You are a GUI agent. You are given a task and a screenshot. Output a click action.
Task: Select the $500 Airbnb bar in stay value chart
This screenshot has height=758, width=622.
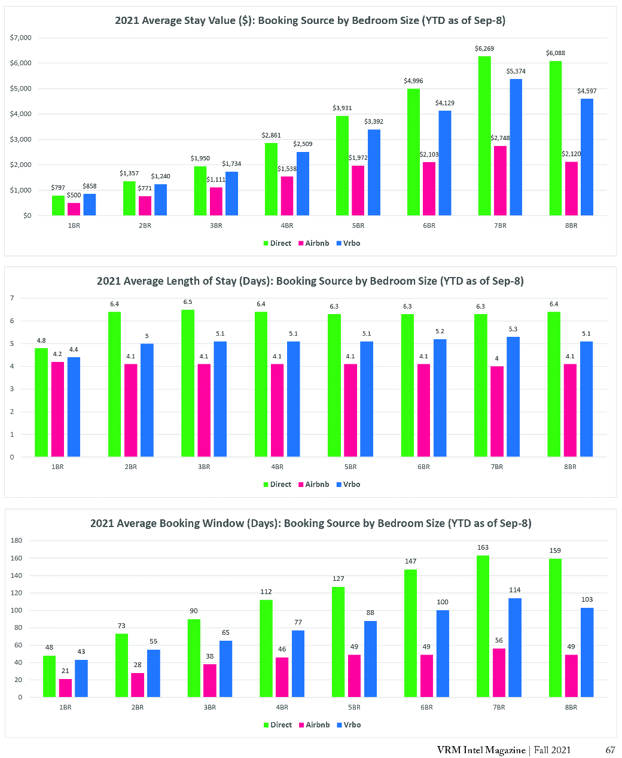pos(74,209)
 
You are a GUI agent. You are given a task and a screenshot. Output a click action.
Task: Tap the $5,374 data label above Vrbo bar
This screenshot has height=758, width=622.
pos(516,71)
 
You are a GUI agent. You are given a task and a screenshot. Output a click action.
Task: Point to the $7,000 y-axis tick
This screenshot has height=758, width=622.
pos(21,38)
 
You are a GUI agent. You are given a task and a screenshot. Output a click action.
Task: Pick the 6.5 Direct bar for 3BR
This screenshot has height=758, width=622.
pos(188,383)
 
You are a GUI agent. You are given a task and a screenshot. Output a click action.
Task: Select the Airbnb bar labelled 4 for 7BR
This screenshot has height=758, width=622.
pos(497,412)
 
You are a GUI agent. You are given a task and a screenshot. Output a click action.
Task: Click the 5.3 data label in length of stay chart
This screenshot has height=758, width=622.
pos(513,329)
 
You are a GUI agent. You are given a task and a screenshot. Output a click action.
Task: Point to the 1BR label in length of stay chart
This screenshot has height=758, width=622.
pos(57,467)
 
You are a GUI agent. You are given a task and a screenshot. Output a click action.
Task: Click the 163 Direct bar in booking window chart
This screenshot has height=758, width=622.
pos(483,626)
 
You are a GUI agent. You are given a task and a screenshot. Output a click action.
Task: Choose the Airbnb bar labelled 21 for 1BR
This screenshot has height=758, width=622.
pos(65,688)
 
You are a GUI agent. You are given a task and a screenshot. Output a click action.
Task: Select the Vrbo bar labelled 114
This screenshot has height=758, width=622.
pos(514,647)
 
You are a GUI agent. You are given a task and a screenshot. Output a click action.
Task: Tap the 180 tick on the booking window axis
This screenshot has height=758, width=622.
pos(16,541)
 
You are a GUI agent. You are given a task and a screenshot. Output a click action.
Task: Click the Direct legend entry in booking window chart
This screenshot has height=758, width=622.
pos(278,725)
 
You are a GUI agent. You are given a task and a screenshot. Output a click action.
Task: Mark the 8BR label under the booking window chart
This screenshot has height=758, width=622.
pos(571,707)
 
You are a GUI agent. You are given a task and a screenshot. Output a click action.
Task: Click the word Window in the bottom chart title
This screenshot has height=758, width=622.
pos(257,523)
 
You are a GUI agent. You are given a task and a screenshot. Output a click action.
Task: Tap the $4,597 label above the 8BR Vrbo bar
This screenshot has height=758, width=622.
pos(587,91)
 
